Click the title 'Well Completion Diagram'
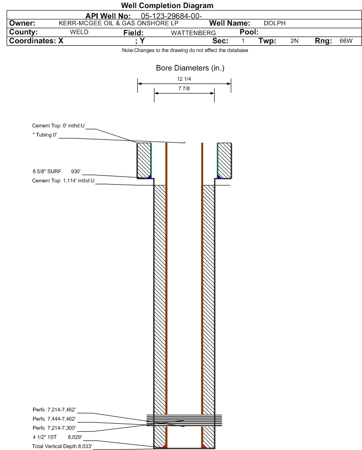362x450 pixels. point(167,5)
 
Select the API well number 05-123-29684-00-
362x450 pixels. point(171,16)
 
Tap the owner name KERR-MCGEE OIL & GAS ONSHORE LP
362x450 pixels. point(118,23)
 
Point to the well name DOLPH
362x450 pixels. point(275,23)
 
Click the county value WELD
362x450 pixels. point(79,32)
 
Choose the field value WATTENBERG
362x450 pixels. point(193,33)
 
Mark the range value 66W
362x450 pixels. point(346,41)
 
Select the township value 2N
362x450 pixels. point(294,41)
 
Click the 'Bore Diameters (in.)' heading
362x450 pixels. point(190,68)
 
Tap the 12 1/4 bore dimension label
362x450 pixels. point(184,79)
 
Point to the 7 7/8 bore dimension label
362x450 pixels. point(184,88)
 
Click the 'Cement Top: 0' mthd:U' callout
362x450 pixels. point(58,126)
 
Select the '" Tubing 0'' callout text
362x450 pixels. point(45,135)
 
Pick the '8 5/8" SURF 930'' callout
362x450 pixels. point(56,172)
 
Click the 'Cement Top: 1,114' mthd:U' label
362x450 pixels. point(63,181)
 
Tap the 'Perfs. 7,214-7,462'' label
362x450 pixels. point(54,410)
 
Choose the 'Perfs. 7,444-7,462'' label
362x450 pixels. point(54,419)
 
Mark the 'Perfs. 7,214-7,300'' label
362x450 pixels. point(54,428)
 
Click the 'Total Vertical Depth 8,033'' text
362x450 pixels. point(62,446)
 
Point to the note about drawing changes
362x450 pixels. point(185,50)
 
